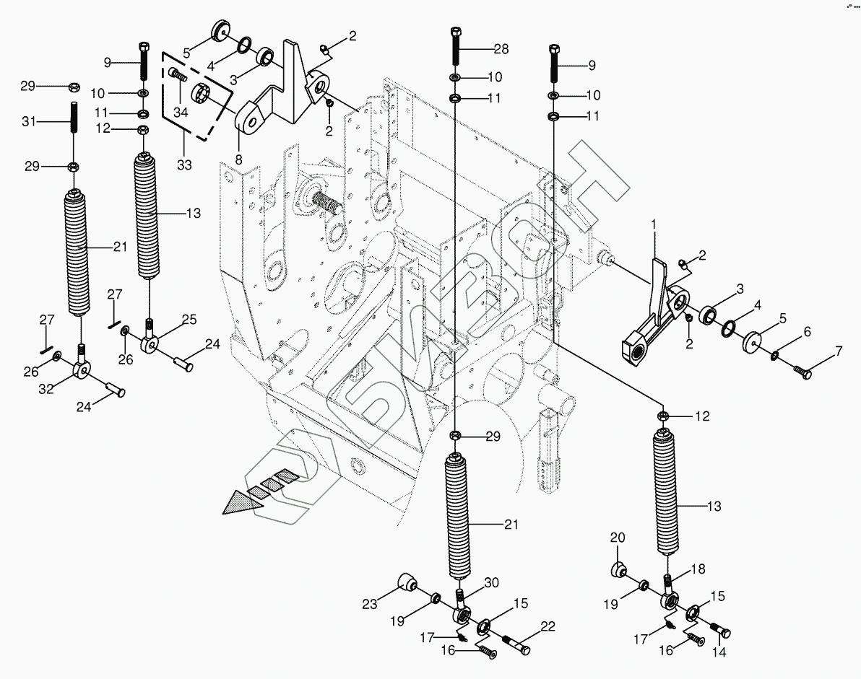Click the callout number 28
click(501, 49)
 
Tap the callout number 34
click(181, 112)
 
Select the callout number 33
click(184, 164)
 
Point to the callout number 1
click(654, 224)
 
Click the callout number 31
click(29, 121)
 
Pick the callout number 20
click(618, 538)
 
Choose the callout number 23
click(370, 603)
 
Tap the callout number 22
click(548, 626)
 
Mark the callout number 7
click(839, 351)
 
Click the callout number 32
click(46, 389)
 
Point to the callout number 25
click(189, 319)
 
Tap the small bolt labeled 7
click(802, 372)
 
